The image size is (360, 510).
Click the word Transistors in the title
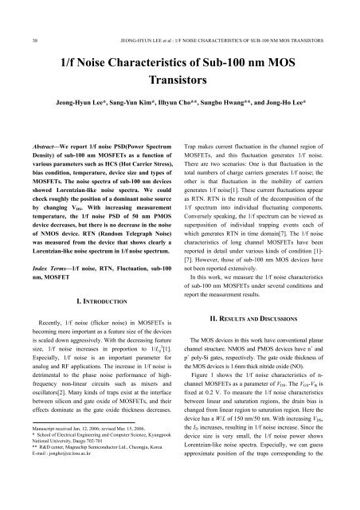[179, 81]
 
